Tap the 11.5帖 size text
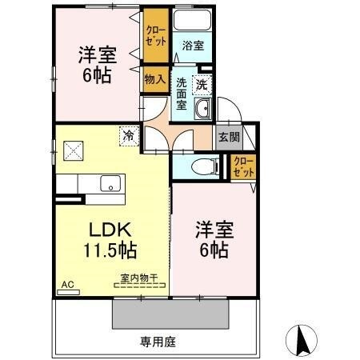pos(110,249)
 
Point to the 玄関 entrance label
pos(228,137)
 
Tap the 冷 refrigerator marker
pos(128,137)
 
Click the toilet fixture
pos(207,166)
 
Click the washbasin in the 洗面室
pos(202,109)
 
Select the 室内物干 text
pos(139,278)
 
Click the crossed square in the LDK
pos(74,150)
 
